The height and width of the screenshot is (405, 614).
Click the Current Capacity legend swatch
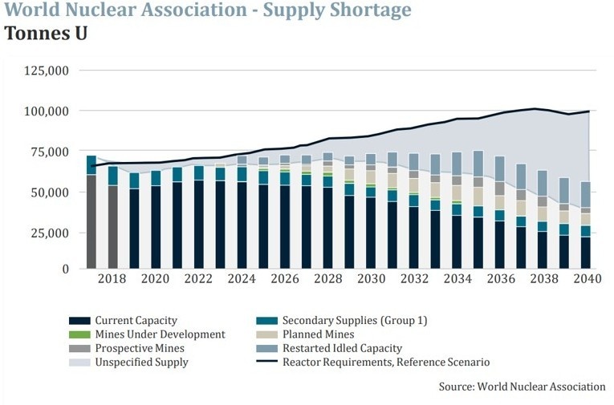pos(77,320)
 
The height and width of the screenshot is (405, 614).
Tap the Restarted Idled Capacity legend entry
pos(341,348)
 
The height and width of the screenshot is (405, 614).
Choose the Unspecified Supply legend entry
pos(141,362)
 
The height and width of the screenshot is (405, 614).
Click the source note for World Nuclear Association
pos(522,387)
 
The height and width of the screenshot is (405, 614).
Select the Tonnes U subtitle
pos(46,34)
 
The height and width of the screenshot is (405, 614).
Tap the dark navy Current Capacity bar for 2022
pos(199,224)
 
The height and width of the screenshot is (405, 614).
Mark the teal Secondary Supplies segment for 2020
pos(156,178)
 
